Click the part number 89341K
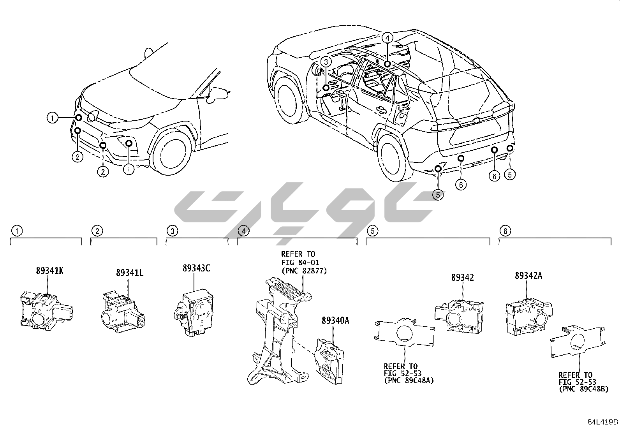point(49,271)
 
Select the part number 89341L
point(129,273)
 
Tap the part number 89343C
point(196,268)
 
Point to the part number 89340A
point(335,321)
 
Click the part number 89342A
point(528,276)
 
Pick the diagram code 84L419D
point(603,422)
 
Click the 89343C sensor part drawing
point(193,312)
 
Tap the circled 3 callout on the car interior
point(326,62)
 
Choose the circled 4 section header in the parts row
point(243,231)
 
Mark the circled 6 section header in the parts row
point(505,231)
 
